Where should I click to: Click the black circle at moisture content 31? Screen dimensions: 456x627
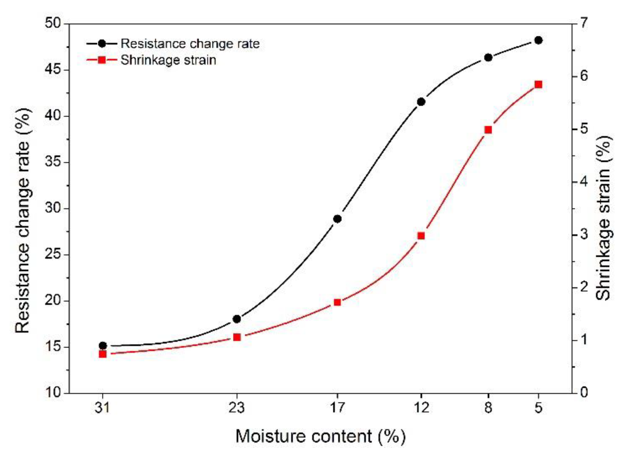coord(103,345)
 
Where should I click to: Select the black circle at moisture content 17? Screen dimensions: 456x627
coord(337,219)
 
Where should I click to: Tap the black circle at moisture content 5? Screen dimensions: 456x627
coord(538,40)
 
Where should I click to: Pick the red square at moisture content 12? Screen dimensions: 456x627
coord(421,236)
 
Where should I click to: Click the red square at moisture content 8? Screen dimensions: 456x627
coord(488,130)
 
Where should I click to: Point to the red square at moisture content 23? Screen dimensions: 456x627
coord(237,337)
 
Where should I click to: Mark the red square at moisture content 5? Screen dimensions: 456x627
coord(538,84)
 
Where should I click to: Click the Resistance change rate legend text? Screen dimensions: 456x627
coord(190,44)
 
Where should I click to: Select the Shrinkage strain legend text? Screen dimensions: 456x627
coord(168,60)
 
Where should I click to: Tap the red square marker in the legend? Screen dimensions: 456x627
coord(102,60)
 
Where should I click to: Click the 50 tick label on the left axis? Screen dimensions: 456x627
coord(52,23)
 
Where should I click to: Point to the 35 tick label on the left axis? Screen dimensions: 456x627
coord(52,162)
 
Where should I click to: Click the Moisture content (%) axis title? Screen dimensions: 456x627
coord(320,436)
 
